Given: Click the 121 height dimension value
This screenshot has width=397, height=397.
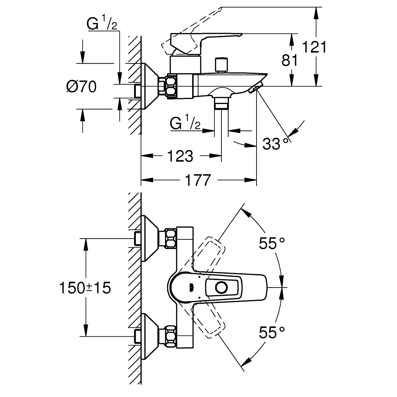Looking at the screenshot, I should click(x=314, y=47).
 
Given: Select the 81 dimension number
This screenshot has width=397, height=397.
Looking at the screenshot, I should click(x=290, y=60).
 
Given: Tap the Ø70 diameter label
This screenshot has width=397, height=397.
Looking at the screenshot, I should click(x=81, y=87).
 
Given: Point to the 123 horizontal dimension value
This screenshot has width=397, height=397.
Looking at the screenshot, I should click(x=180, y=156).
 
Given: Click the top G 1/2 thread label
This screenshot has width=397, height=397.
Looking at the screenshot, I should click(x=102, y=25).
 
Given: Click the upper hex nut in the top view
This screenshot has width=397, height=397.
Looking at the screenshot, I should click(x=171, y=238).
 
